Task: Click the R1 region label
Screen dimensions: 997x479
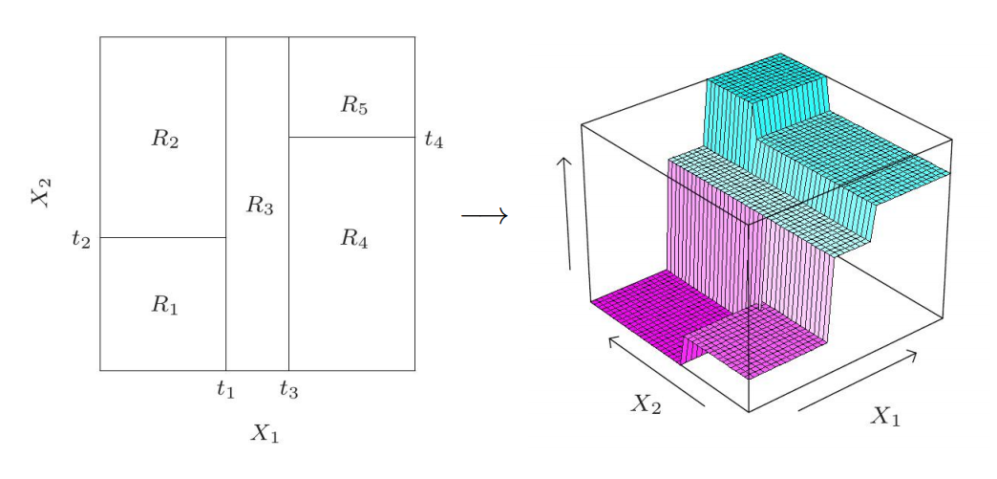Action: [x=164, y=305]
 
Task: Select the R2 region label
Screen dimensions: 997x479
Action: [x=164, y=139]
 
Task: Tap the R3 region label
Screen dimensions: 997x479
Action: [x=259, y=204]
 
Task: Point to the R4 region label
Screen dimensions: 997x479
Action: [x=353, y=238]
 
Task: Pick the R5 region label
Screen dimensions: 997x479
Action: [x=353, y=105]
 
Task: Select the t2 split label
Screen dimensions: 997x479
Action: [x=81, y=238]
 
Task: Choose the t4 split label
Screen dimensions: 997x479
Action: [x=434, y=140]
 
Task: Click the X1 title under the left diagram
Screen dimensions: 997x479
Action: [x=265, y=433]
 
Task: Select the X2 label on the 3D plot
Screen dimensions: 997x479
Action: [x=646, y=403]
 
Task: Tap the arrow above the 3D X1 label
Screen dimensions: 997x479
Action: [x=858, y=381]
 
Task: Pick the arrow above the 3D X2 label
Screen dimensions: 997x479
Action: [x=656, y=370]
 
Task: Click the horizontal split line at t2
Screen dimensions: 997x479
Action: [x=162, y=237]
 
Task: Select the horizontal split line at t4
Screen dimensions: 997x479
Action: [x=351, y=137]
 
